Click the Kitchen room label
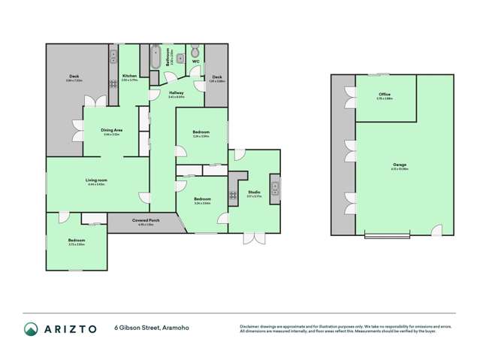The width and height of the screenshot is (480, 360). pyautogui.click(x=129, y=77)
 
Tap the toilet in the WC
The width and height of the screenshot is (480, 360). pyautogui.click(x=195, y=52)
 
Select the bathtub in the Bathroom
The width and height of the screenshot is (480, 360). pyautogui.click(x=155, y=56)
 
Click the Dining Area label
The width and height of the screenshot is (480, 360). pyautogui.click(x=112, y=130)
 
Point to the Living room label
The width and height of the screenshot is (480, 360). pyautogui.click(x=97, y=180)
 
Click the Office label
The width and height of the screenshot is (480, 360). pyautogui.click(x=385, y=95)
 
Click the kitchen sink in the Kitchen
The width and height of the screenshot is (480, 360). pyautogui.click(x=113, y=54)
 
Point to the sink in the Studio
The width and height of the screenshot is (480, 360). pyautogui.click(x=275, y=187)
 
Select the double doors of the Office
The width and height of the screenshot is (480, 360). pyautogui.click(x=351, y=95)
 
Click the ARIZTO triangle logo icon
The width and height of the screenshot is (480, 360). pyautogui.click(x=32, y=328)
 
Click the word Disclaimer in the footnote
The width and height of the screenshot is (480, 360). pyautogui.click(x=251, y=326)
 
